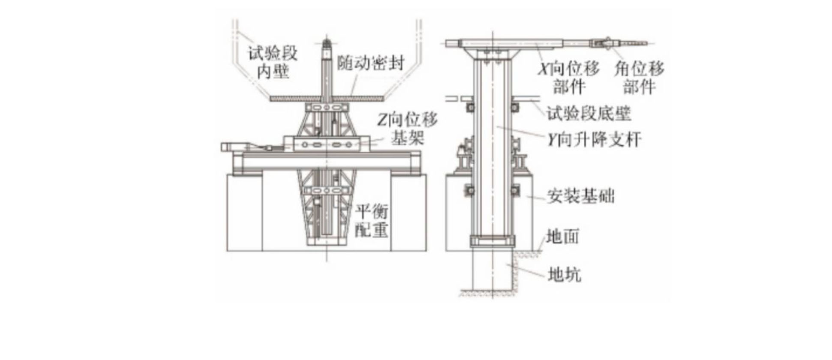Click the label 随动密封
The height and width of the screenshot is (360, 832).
point(370,63)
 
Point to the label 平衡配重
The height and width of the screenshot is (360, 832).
point(371,221)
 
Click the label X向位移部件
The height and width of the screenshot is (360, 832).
point(569,77)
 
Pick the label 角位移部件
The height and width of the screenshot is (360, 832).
point(639,77)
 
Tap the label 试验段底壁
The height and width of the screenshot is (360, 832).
point(589,114)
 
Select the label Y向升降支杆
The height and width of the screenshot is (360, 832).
point(595,140)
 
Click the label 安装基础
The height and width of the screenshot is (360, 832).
point(580,196)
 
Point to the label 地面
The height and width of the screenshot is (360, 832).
point(563,236)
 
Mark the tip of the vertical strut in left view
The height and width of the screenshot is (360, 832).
point(327,43)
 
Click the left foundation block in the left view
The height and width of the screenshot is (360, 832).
point(244,213)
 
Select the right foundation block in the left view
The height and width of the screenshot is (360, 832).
point(408,213)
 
